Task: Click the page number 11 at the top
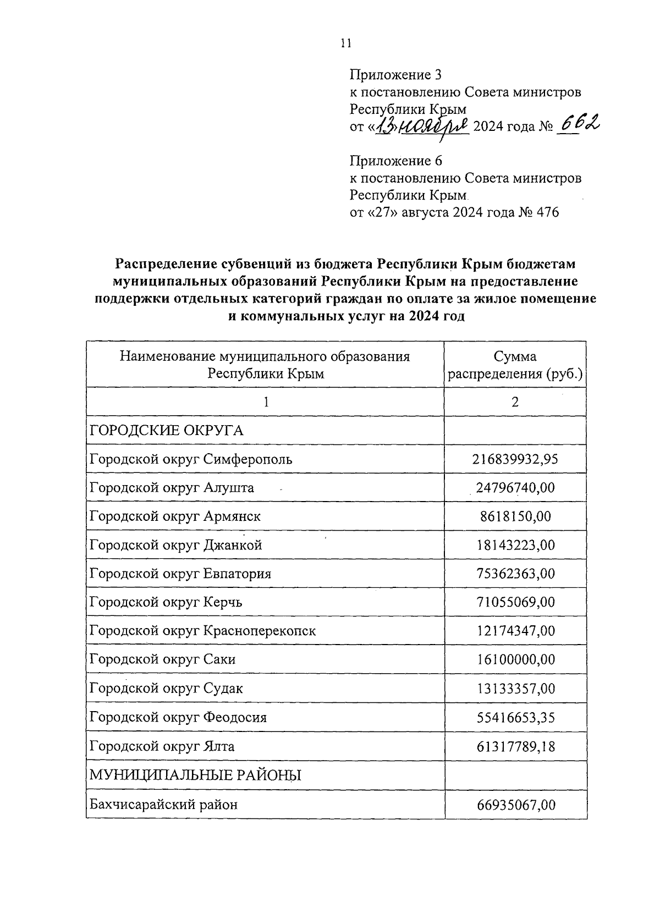coord(345,45)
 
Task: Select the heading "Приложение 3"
coord(395,74)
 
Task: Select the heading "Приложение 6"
coord(396,161)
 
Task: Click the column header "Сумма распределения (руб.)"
coord(515,365)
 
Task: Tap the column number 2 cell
coord(515,402)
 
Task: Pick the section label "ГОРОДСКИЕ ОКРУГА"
coord(167,431)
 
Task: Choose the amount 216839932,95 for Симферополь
coord(515,459)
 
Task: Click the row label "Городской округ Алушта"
coord(172,488)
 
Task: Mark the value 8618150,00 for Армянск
coord(515,516)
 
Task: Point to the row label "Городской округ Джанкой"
coord(175,545)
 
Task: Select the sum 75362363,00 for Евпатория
coord(515,574)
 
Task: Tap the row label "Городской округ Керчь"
coord(166,602)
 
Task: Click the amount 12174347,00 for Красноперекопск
coord(515,631)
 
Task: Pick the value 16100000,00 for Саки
coord(515,659)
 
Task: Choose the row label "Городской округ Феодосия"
coord(178,718)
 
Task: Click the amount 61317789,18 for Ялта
coord(515,747)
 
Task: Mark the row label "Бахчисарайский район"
coord(163,805)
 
